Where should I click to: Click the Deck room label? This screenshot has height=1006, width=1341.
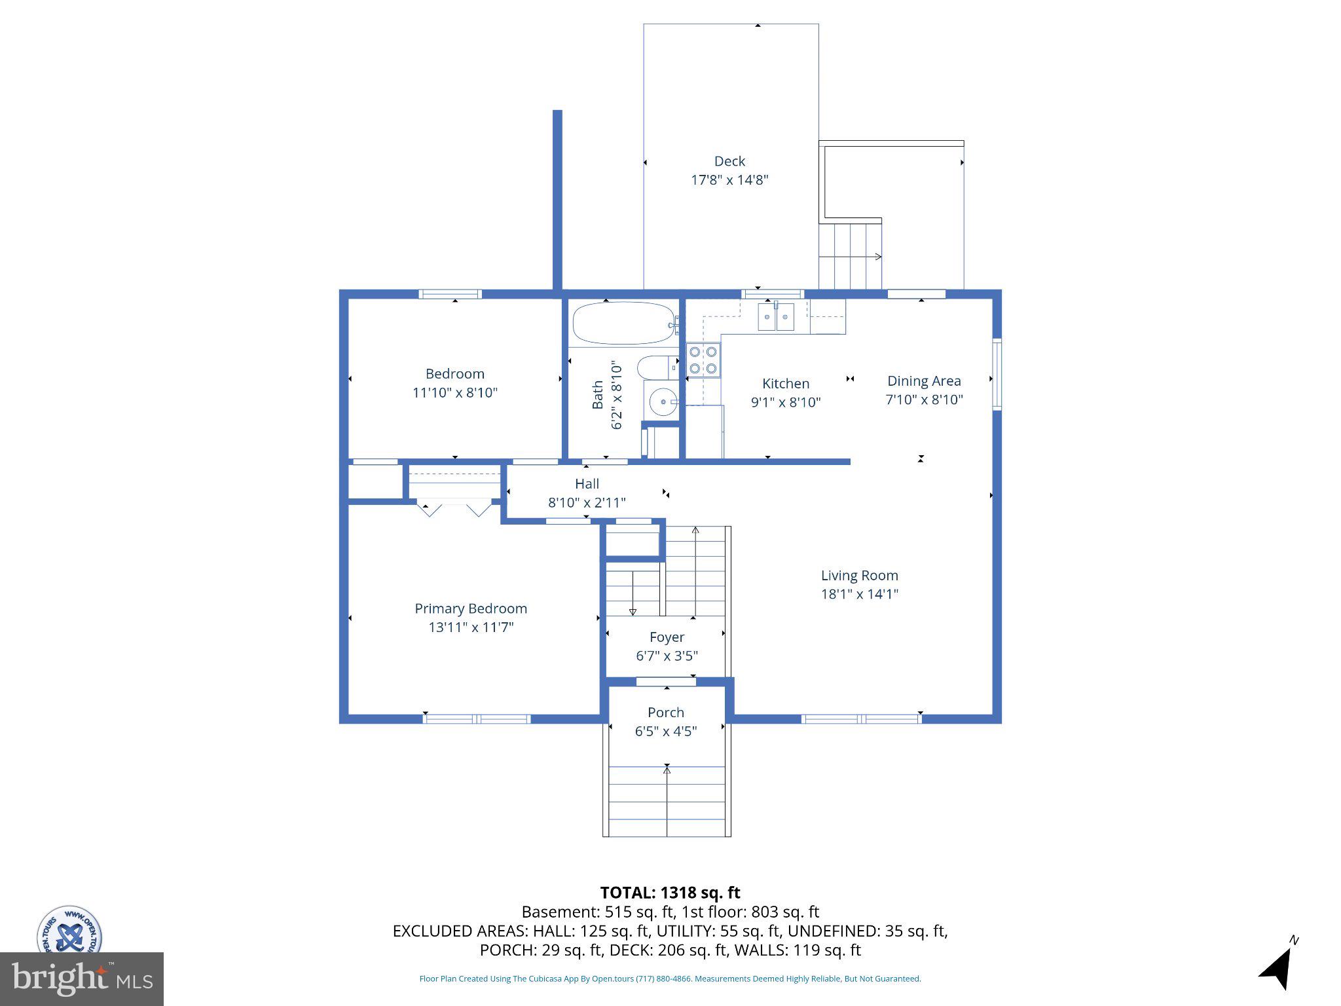(x=729, y=161)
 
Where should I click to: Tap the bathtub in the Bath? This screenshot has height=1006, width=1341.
(x=624, y=323)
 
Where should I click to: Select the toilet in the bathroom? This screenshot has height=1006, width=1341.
(x=655, y=368)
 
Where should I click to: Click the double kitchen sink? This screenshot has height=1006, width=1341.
(x=776, y=318)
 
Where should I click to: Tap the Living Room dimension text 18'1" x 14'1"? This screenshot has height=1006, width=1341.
(x=859, y=594)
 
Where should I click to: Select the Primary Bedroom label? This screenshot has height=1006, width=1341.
(x=470, y=608)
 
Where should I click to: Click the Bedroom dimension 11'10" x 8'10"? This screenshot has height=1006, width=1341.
(x=454, y=393)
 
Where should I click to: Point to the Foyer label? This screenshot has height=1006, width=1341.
(x=667, y=637)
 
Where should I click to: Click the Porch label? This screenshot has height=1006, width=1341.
(x=665, y=713)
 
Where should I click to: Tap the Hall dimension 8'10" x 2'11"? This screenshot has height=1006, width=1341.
(x=587, y=503)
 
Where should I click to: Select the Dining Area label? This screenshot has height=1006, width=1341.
(x=923, y=381)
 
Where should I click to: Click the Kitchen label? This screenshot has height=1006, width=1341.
(x=785, y=384)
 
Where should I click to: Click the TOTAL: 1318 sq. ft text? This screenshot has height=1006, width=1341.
(x=669, y=893)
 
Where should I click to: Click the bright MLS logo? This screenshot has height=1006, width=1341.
(x=81, y=979)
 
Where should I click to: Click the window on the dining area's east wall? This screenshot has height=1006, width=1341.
(x=997, y=374)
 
